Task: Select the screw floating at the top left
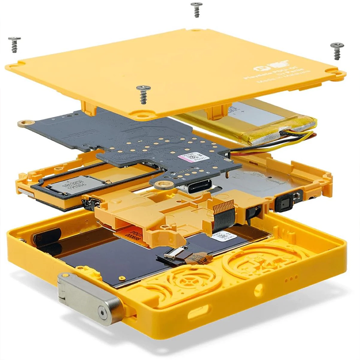(x=14, y=44)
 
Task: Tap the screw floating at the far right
(x=337, y=50)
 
